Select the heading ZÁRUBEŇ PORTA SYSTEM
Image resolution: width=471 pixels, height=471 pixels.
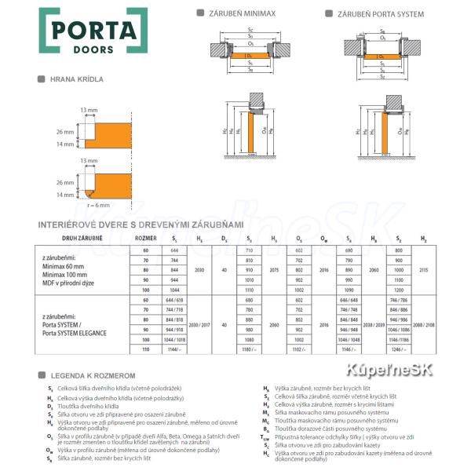click(375, 13)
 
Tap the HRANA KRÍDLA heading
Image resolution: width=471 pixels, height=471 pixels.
click(76, 80)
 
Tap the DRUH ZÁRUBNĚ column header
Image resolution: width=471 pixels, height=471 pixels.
click(85, 236)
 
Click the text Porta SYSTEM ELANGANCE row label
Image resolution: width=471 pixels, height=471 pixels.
click(75, 333)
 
